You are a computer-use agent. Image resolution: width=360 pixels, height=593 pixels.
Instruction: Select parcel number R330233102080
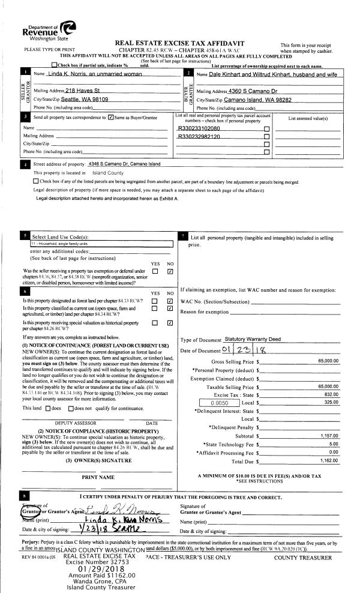(x=200, y=128)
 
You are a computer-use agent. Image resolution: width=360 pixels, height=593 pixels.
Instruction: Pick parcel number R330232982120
(x=200, y=136)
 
